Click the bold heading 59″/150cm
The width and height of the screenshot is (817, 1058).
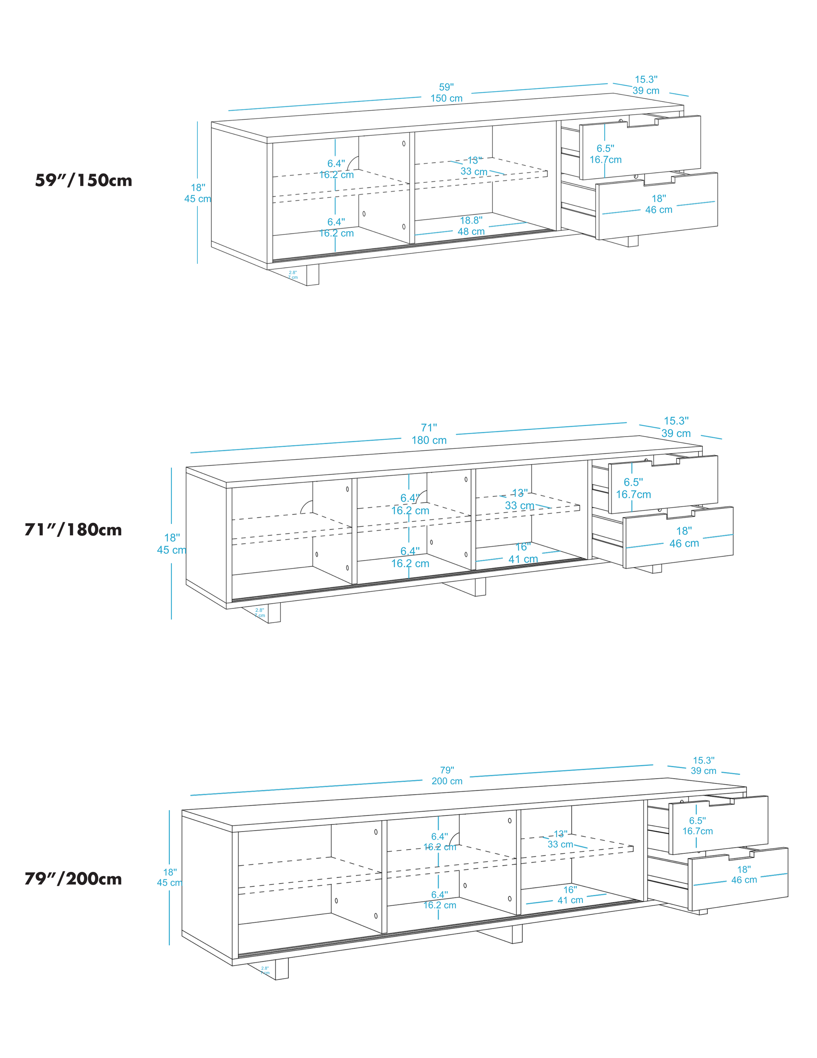click(83, 180)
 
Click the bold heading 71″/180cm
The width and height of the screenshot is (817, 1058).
click(73, 529)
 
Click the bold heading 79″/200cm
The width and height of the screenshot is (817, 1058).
click(73, 879)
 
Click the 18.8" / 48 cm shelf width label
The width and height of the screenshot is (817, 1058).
click(471, 226)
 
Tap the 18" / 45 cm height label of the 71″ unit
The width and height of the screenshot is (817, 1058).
click(171, 544)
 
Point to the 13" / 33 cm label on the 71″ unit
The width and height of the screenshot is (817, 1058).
click(520, 500)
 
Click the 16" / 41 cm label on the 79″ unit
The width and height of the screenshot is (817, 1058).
click(570, 895)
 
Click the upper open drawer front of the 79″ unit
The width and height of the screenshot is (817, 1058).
click(718, 825)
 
